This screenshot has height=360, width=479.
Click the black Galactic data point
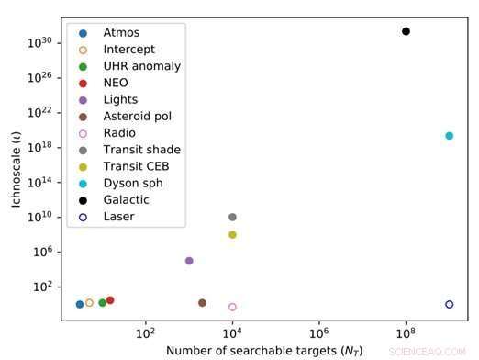(406, 31)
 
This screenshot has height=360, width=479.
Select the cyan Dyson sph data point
(450, 136)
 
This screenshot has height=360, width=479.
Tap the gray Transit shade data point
(232, 218)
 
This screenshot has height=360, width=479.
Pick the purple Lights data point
(189, 261)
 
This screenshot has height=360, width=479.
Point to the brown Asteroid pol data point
(202, 303)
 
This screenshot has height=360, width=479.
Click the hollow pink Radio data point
(232, 307)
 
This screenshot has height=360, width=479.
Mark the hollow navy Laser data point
(450, 304)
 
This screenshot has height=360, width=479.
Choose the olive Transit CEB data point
(232, 235)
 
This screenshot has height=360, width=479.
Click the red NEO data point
(110, 300)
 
